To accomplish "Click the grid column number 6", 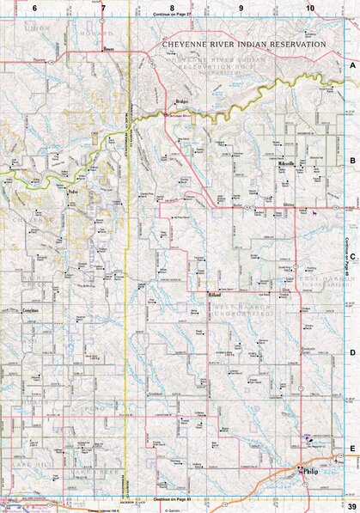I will (x=35, y=7).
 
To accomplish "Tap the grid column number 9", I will (x=241, y=7).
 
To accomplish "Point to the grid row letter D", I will (x=351, y=352).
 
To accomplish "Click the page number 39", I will (x=351, y=505).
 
